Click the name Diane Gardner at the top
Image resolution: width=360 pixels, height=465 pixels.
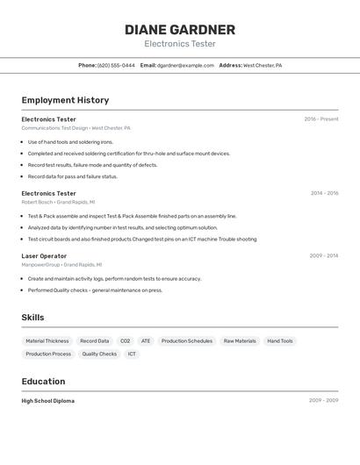(179, 29)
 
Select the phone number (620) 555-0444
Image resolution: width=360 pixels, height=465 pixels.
(116, 65)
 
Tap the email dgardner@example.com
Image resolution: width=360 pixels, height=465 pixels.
(185, 65)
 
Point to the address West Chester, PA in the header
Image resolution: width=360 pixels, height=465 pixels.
(262, 65)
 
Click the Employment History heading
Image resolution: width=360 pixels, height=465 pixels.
(65, 100)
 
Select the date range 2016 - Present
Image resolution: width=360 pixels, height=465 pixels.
(320, 119)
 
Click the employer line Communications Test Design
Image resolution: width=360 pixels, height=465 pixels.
(54, 128)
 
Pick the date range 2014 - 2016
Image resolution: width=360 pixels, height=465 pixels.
(324, 193)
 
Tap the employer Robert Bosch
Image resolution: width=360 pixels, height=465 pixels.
(37, 202)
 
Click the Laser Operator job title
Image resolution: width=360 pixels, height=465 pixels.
(44, 256)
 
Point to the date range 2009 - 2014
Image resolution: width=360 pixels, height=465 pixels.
(323, 256)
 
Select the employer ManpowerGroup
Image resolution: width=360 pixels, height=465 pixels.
(40, 264)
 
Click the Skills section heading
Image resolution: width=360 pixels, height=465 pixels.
(32, 318)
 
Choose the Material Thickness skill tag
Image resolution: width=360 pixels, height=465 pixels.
(47, 340)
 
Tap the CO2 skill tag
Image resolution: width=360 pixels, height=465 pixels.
(125, 340)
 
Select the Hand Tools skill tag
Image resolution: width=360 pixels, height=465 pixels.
(280, 340)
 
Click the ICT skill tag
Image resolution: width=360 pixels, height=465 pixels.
(132, 354)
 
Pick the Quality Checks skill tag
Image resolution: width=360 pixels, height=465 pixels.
(99, 354)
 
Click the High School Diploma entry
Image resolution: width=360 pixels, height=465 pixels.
(47, 401)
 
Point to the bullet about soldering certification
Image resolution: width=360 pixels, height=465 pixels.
(128, 154)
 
